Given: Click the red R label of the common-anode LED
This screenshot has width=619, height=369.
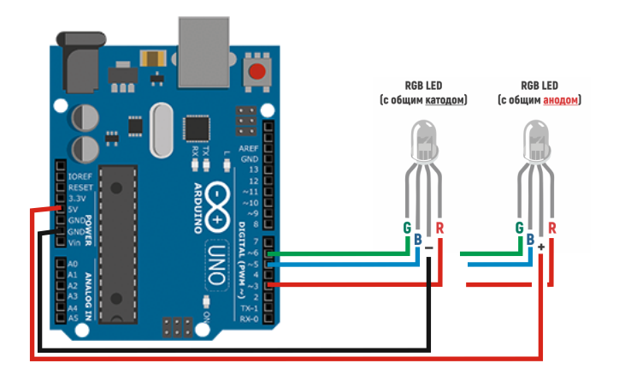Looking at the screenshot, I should point(552,228).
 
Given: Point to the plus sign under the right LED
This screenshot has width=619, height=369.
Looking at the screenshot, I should point(541,247).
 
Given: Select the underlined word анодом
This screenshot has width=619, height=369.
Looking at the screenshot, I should point(561,100).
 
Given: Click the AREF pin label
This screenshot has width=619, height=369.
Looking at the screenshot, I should point(250,148).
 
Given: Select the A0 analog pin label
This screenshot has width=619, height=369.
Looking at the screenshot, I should point(72,264).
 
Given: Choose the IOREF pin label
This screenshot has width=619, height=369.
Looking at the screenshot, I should point(80,176).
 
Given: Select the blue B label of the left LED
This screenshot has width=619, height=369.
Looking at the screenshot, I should point(417,239).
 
